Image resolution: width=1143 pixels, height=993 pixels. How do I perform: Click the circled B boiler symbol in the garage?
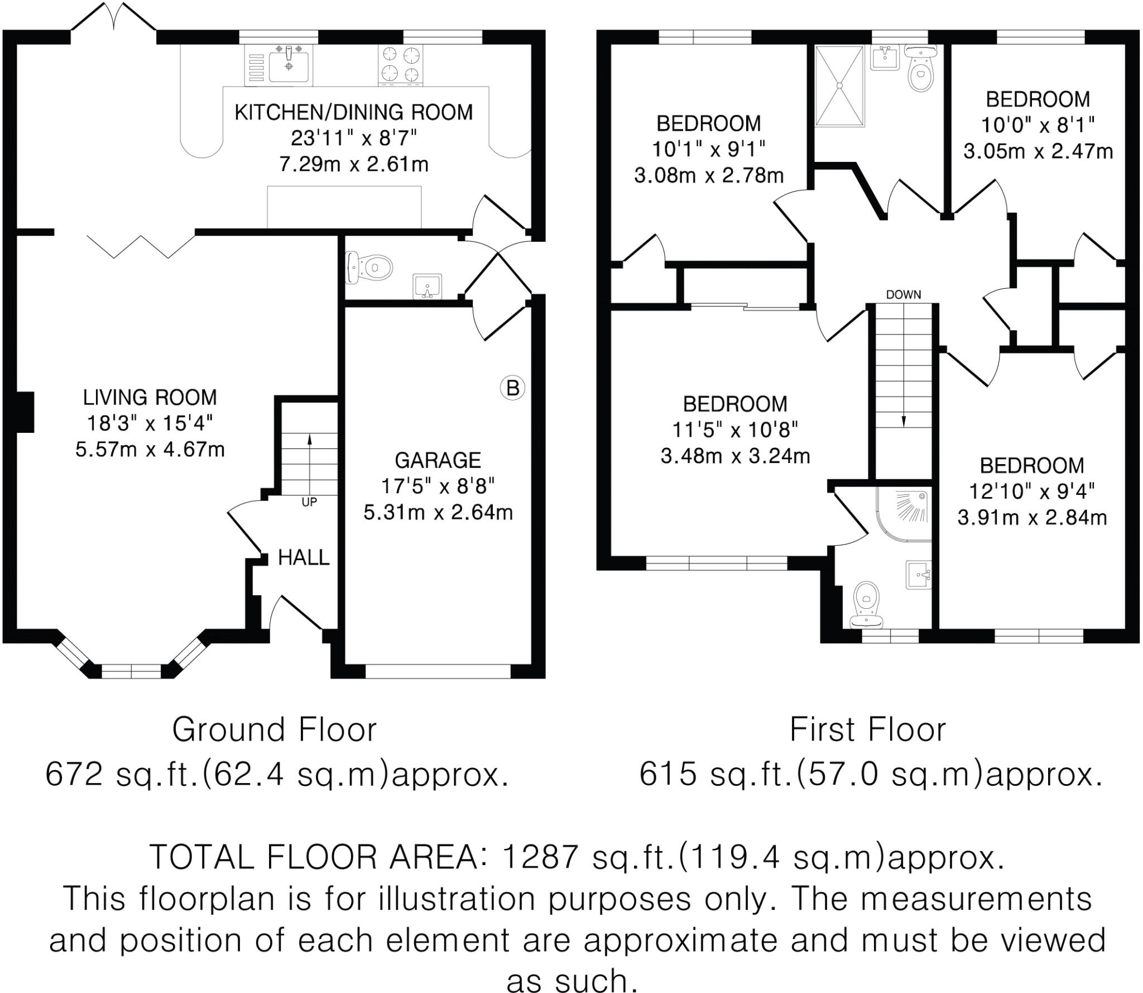tap(512, 388)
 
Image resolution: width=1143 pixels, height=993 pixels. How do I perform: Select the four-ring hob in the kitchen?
tap(400, 65)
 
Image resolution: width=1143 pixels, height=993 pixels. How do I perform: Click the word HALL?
tap(304, 557)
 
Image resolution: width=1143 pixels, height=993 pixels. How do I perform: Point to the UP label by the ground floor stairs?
tap(309, 502)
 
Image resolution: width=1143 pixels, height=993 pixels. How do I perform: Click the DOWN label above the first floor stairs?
tap(904, 294)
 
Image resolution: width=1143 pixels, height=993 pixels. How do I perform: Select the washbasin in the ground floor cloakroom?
tap(428, 287)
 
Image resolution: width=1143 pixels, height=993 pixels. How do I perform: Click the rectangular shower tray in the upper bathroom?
tap(840, 86)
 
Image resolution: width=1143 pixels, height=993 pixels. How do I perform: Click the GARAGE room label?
tap(438, 460)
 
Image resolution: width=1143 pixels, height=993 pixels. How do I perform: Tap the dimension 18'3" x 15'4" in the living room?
tap(150, 423)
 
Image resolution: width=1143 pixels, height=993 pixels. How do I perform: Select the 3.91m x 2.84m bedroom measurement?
tap(1032, 518)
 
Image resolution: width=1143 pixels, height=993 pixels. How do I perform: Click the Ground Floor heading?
tap(274, 729)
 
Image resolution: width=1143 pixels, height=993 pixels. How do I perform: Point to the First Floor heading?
tap(868, 729)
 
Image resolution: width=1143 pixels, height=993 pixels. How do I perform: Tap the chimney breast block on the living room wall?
tap(26, 412)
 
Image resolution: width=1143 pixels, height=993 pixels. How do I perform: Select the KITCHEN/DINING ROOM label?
tap(353, 112)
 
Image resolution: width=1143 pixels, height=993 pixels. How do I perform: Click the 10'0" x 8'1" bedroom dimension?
tap(1038, 125)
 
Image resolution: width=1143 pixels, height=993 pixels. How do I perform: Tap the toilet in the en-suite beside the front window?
tap(866, 605)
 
